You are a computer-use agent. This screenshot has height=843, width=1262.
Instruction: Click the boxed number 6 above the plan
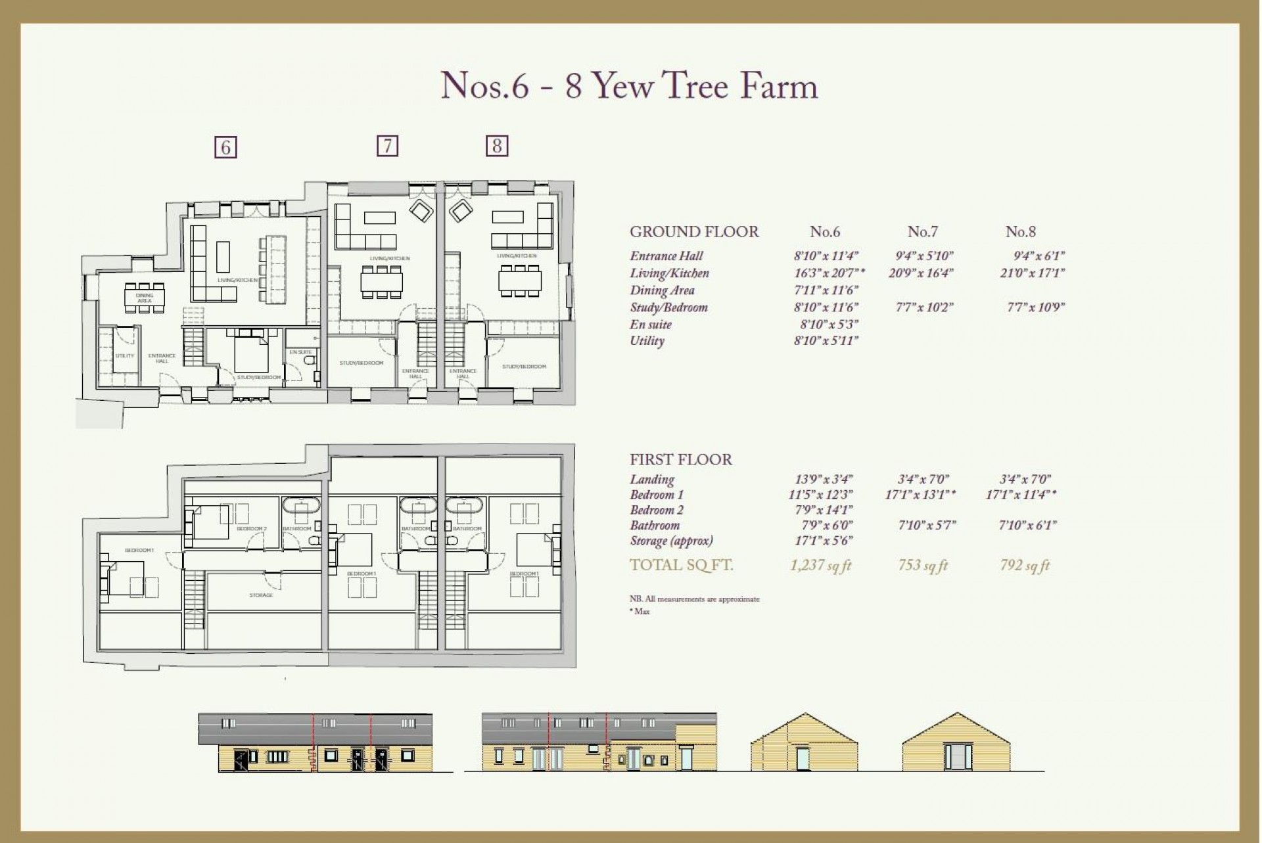tap(225, 147)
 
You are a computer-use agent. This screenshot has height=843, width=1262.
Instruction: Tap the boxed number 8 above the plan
tap(497, 145)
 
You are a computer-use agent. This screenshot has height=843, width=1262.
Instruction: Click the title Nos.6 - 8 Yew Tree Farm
tap(629, 86)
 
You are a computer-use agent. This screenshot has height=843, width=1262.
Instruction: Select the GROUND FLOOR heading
tap(694, 232)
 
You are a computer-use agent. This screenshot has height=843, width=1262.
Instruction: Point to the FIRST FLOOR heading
tap(680, 459)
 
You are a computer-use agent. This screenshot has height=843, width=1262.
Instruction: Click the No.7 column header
tap(922, 232)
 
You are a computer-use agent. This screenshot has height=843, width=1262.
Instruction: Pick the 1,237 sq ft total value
tap(820, 565)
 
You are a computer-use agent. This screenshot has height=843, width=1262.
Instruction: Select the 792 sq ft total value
tap(1025, 565)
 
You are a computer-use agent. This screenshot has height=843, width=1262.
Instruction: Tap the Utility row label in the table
tap(647, 340)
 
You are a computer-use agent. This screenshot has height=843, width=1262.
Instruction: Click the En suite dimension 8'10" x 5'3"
tap(829, 324)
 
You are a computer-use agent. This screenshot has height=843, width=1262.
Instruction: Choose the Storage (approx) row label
tap(671, 541)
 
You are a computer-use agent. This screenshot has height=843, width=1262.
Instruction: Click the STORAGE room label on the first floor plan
tap(261, 595)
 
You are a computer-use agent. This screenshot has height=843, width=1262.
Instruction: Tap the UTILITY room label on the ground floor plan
tap(125, 355)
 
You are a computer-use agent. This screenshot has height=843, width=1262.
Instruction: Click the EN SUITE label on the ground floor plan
tap(300, 352)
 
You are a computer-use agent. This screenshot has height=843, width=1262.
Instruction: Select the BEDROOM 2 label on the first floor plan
tap(252, 529)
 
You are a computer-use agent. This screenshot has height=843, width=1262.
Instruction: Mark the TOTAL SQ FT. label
tap(681, 565)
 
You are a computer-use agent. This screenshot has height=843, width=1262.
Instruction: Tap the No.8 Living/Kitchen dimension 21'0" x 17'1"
tap(1032, 273)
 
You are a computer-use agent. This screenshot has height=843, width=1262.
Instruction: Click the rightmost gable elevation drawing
tap(956, 742)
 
